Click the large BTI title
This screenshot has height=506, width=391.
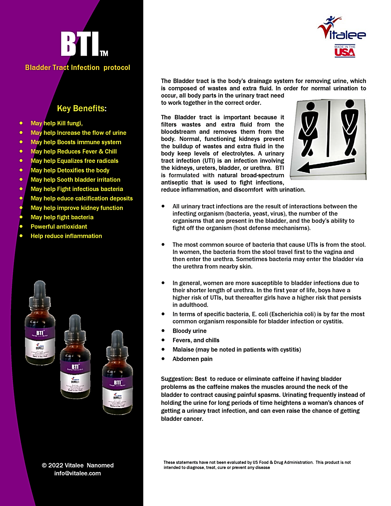81,44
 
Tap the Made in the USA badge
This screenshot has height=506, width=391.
345,51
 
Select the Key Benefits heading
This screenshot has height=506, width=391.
82,108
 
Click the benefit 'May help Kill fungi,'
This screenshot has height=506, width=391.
56,123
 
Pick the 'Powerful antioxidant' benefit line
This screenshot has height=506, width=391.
59,227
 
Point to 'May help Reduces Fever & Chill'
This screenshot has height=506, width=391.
73,151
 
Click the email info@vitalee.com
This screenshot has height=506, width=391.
78,473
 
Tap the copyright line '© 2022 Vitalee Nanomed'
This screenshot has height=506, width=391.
78,465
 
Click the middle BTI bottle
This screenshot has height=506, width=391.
75,361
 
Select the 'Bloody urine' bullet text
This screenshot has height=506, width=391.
189,331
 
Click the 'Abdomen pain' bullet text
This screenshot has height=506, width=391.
192,359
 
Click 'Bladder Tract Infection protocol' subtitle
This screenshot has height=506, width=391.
78,68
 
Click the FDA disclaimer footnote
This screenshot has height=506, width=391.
257,465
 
